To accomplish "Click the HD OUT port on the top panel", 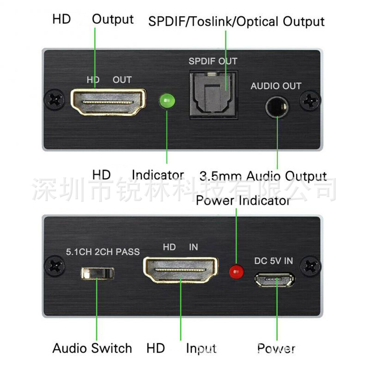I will [x=108, y=101].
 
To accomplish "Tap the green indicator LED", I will [x=165, y=101].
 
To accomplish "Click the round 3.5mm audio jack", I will [x=277, y=107].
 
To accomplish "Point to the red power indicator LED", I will [x=237, y=272].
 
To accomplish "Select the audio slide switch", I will [x=97, y=273].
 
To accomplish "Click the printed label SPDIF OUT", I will [x=213, y=61].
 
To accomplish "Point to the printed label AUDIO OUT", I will [x=276, y=86].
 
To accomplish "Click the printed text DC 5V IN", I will [x=274, y=261].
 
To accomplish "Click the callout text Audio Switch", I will [x=92, y=348].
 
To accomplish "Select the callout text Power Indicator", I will [x=243, y=201].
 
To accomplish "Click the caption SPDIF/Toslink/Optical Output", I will [x=236, y=22].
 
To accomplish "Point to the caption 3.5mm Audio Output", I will [x=263, y=176].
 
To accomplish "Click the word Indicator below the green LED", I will [x=158, y=175].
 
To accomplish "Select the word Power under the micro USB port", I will [x=276, y=348].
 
